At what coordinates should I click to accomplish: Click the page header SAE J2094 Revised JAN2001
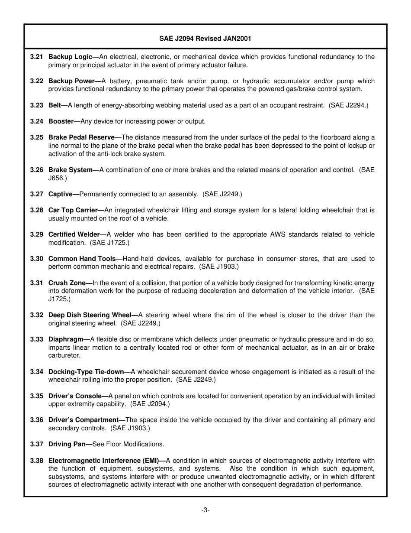[x=205, y=39]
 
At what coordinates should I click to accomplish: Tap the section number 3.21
[x=36, y=57]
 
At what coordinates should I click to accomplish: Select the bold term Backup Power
[x=71, y=81]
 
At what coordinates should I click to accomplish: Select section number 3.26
[x=36, y=170]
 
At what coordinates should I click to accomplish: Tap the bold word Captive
[x=60, y=194]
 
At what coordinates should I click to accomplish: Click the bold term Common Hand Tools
[x=82, y=259]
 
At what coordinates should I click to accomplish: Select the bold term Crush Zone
[x=67, y=283]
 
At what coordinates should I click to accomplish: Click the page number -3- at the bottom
[x=205, y=510]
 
